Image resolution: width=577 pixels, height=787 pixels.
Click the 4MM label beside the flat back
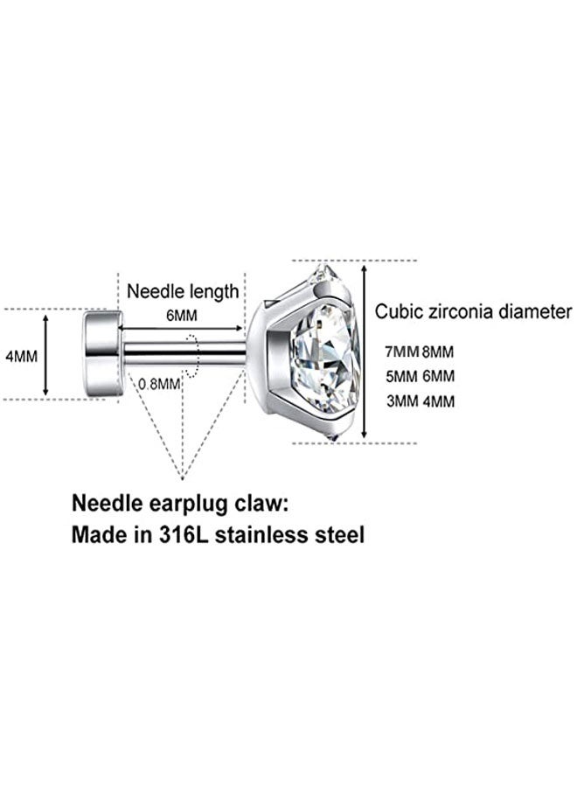(19, 358)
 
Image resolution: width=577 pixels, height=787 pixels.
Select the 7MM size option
(401, 352)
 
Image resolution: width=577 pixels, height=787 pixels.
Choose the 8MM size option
(437, 352)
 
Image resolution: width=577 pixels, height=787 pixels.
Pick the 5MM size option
(401, 377)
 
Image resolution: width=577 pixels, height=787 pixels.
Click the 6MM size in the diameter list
(437, 377)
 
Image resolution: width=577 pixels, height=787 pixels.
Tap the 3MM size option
(401, 401)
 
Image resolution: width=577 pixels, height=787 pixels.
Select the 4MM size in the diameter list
(437, 401)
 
